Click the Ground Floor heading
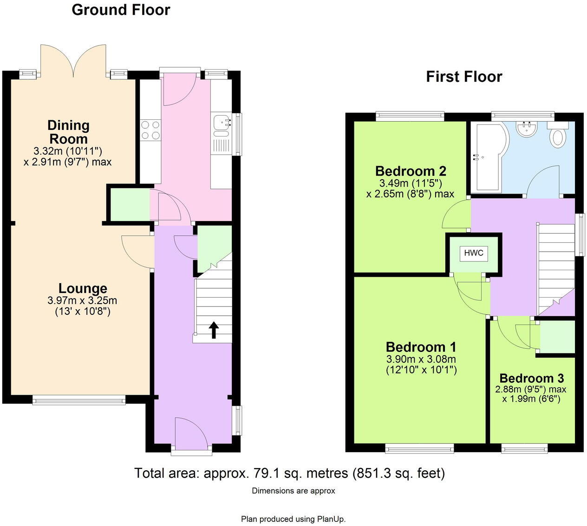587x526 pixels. pyautogui.click(x=121, y=10)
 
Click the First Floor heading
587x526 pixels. pyautogui.click(x=464, y=77)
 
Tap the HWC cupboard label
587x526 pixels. pyautogui.click(x=474, y=253)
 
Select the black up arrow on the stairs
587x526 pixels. pyautogui.click(x=214, y=329)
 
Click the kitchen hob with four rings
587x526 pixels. pyautogui.click(x=150, y=130)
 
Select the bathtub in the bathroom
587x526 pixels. pyautogui.click(x=488, y=156)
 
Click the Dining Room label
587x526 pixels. pyautogui.click(x=68, y=132)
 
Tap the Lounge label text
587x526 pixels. pyautogui.click(x=83, y=289)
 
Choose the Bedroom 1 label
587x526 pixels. pyautogui.click(x=421, y=347)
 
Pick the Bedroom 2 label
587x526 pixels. pyautogui.click(x=411, y=171)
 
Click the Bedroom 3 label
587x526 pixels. pyautogui.click(x=531, y=378)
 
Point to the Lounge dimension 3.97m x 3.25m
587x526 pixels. pyautogui.click(x=82, y=300)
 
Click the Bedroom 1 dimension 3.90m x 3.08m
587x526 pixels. pyautogui.click(x=421, y=359)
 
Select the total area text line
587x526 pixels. pyautogui.click(x=289, y=473)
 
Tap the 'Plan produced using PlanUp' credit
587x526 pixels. pyautogui.click(x=293, y=519)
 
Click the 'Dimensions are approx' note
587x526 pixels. pyautogui.click(x=293, y=491)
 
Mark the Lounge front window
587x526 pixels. pyautogui.click(x=79, y=400)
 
